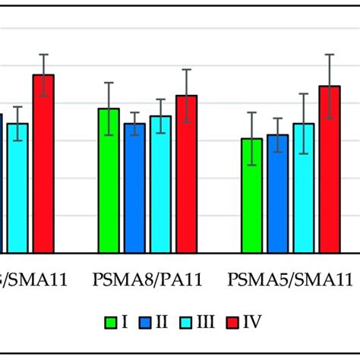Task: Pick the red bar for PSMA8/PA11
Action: tap(186, 174)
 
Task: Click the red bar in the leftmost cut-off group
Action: tap(43, 163)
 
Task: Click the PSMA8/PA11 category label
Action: tap(148, 280)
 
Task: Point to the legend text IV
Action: tap(252, 324)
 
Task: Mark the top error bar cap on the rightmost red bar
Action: tap(330, 55)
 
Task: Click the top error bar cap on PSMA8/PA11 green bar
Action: tap(109, 83)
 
